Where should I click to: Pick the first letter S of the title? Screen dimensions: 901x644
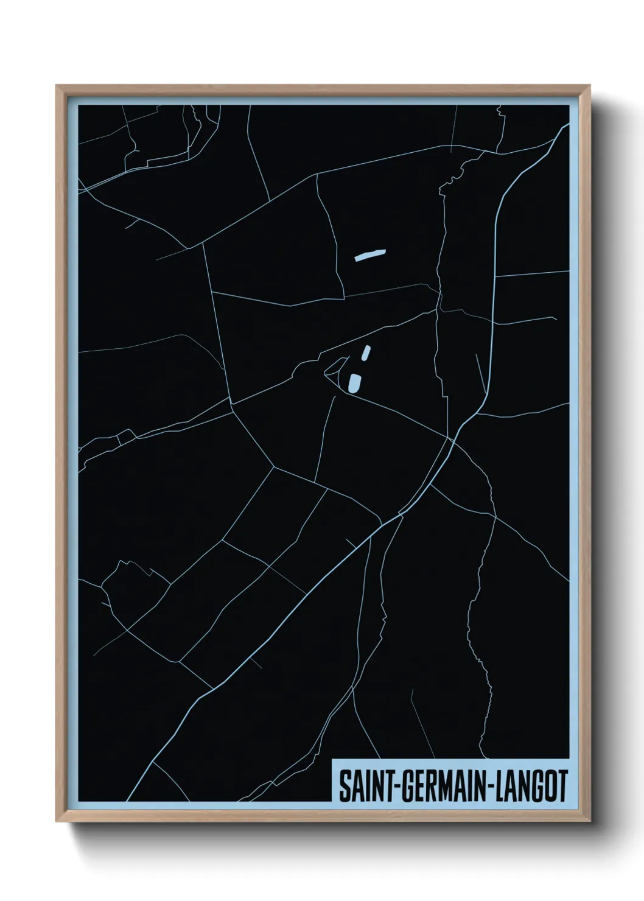[343, 786]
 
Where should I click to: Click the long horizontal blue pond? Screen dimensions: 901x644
[370, 254]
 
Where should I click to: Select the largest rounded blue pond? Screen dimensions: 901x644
[354, 383]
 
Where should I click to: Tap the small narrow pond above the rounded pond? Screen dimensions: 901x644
[365, 353]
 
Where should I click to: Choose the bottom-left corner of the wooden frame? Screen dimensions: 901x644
[57, 822]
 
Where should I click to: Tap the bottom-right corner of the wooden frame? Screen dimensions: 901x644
[590, 822]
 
